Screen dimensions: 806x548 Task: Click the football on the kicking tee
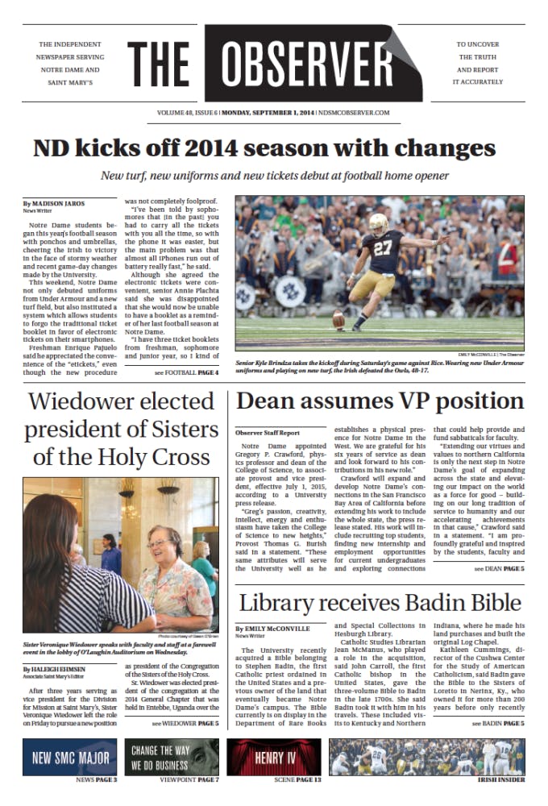pyautogui.click(x=339, y=322)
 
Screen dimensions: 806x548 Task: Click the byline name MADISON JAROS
pyautogui.click(x=59, y=203)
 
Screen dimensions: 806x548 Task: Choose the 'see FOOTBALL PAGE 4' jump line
pyautogui.click(x=186, y=372)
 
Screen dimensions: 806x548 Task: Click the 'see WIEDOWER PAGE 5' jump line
pyautogui.click(x=185, y=724)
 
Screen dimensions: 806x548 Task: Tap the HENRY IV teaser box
pyautogui.click(x=276, y=758)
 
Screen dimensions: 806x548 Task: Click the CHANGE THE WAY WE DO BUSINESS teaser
pyautogui.click(x=172, y=758)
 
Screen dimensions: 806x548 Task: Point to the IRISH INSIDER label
pyautogui.click(x=500, y=780)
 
